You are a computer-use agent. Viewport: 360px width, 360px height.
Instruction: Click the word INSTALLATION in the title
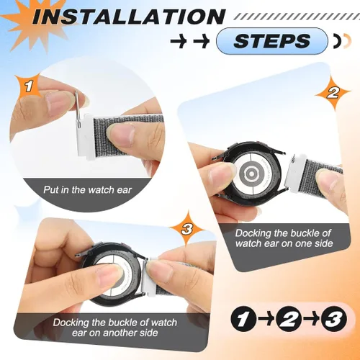pyautogui.click(x=128, y=16)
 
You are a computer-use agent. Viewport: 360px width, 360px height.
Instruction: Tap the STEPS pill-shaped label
pyautogui.click(x=272, y=40)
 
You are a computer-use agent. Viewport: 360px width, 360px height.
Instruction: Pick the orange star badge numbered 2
pyautogui.click(x=333, y=93)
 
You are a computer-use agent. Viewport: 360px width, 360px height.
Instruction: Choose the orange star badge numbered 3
pyautogui.click(x=186, y=229)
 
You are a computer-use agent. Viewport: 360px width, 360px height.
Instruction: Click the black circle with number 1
pyautogui.click(x=243, y=319)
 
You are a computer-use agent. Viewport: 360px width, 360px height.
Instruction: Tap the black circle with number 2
pyautogui.click(x=289, y=319)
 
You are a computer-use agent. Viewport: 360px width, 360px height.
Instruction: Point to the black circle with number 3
pyautogui.click(x=334, y=319)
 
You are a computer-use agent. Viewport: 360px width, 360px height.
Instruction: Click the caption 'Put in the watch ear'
pyautogui.click(x=88, y=190)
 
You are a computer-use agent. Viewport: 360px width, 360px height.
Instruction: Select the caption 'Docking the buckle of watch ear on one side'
pyautogui.click(x=284, y=238)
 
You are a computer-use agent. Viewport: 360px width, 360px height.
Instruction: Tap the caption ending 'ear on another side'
pyautogui.click(x=115, y=328)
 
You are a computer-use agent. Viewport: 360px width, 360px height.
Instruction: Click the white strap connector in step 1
pyautogui.click(x=84, y=136)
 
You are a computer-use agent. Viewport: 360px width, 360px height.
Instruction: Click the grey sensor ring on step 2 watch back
pyautogui.click(x=251, y=172)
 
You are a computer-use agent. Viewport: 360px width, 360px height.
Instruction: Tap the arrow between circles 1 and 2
pyautogui.click(x=266, y=319)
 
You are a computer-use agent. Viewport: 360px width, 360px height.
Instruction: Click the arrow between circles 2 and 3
pyautogui.click(x=312, y=319)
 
